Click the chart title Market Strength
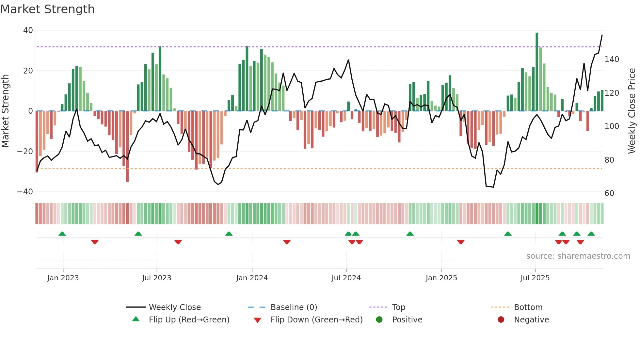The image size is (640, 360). point(47,9)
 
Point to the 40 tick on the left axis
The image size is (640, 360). point(28,30)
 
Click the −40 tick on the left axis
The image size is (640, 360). point(25,192)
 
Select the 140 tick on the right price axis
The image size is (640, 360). point(612,59)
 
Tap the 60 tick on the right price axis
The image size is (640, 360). point(609,193)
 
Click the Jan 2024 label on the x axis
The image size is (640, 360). point(252,278)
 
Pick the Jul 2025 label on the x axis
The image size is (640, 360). point(535,278)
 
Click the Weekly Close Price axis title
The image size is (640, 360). point(632,111)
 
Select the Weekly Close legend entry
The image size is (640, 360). point(174,307)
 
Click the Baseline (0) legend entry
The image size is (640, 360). point(294,307)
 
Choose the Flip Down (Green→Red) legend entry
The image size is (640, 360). point(316,320)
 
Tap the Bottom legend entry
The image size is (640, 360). point(528,307)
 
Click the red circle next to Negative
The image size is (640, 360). point(501,319)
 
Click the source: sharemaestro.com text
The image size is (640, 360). point(578,256)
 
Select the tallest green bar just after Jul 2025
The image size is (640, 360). point(537,72)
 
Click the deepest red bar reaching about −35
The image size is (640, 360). point(127,147)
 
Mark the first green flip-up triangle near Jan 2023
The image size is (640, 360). point(62,234)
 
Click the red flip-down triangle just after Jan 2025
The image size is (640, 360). point(461,242)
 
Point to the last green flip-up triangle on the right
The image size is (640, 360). point(591,234)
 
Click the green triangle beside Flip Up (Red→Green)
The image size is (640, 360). point(136,319)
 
